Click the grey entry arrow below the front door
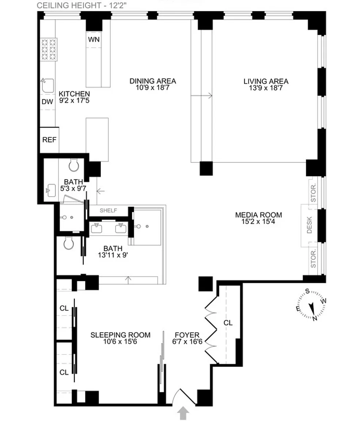(183, 413)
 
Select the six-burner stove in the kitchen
(49, 49)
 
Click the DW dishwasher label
(47, 102)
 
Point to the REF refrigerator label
(49, 140)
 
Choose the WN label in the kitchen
(94, 39)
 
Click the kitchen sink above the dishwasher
(48, 86)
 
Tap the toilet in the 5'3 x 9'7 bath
(74, 165)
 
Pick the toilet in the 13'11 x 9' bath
(69, 243)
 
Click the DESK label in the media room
(310, 225)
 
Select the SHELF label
(109, 210)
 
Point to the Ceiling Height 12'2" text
(82, 5)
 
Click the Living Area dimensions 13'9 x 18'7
(266, 88)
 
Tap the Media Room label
(258, 215)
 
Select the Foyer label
(187, 335)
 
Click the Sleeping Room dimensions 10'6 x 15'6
(120, 342)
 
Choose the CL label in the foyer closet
(228, 323)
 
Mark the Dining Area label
(153, 81)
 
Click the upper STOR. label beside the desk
(313, 193)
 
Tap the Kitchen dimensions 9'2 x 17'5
(74, 101)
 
